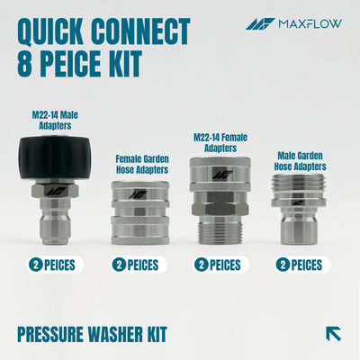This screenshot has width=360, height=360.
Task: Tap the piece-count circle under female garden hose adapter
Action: pyautogui.click(x=119, y=265)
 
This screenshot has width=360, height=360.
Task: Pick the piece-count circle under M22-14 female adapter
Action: pyautogui.click(x=202, y=265)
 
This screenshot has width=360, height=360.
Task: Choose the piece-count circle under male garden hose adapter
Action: pyautogui.click(x=283, y=265)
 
